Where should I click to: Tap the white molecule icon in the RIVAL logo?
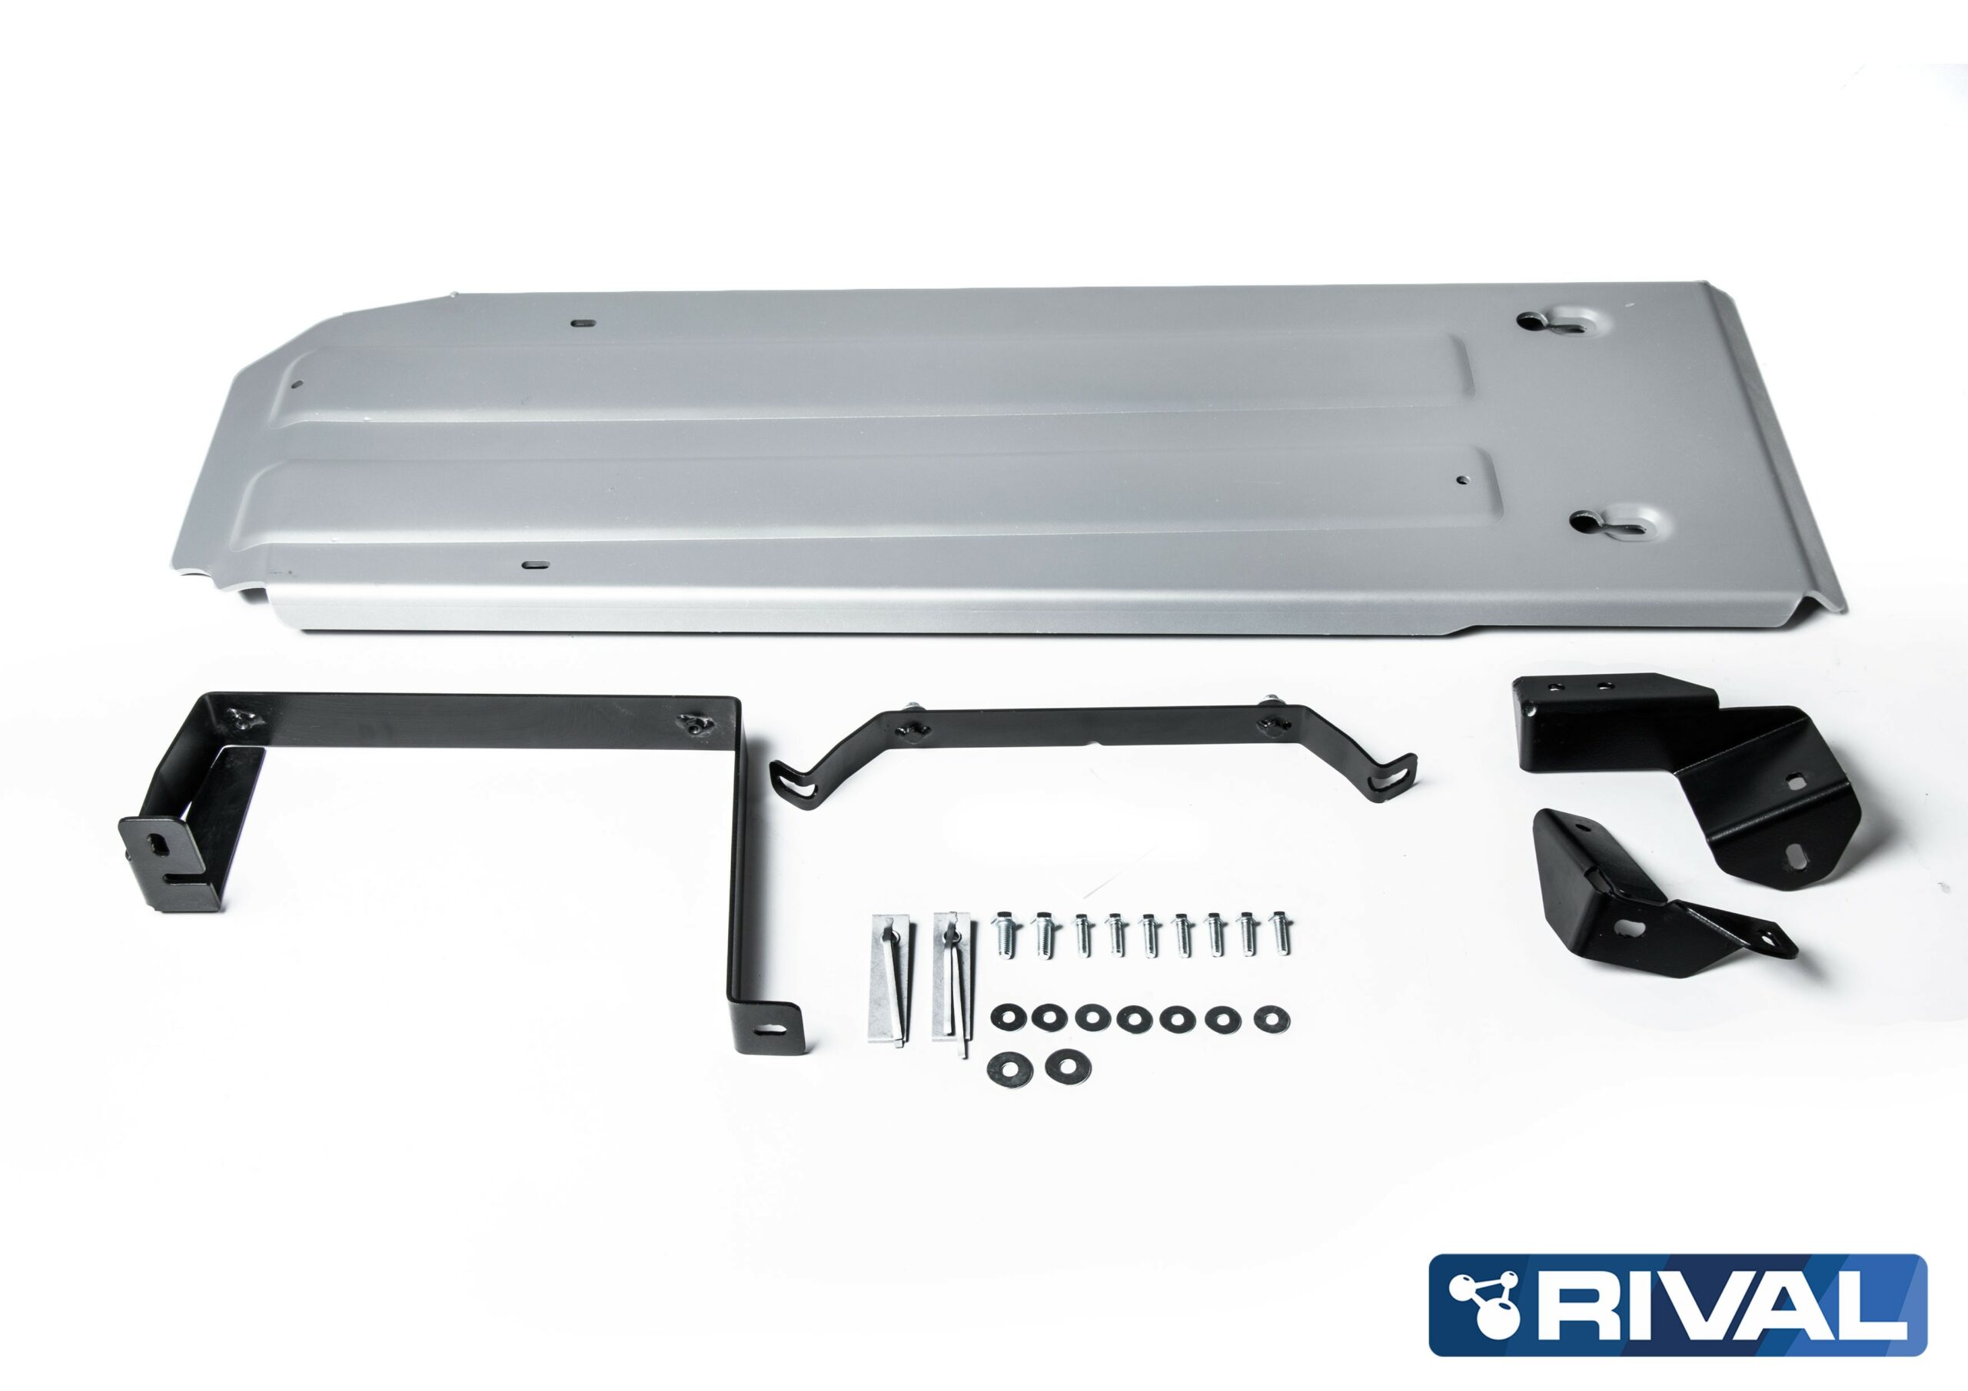pyautogui.click(x=1484, y=1303)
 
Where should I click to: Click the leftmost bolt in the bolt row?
pyautogui.click(x=1006, y=932)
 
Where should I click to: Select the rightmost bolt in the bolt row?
pyautogui.click(x=1281, y=932)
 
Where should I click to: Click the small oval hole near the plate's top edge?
pyautogui.click(x=583, y=324)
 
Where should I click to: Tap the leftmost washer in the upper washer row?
pyautogui.click(x=1006, y=1018)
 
